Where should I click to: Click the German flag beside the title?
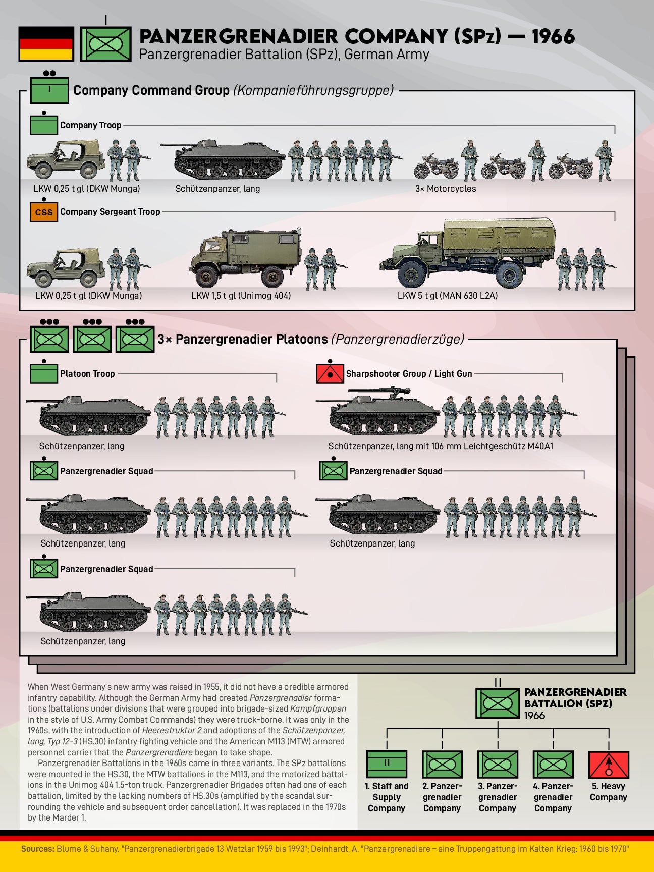click(46, 43)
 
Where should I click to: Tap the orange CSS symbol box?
click(44, 212)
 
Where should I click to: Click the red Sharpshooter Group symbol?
click(330, 373)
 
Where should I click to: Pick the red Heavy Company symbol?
click(609, 765)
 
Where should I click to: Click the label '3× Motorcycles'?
click(446, 189)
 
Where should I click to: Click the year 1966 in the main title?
click(553, 36)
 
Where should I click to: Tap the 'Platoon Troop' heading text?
click(87, 374)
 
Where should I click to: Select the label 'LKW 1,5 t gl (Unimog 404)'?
click(241, 296)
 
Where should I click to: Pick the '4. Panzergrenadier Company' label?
click(553, 797)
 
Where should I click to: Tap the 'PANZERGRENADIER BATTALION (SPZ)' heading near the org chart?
click(575, 698)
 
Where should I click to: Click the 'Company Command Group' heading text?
click(151, 90)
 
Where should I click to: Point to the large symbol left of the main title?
click(106, 44)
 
